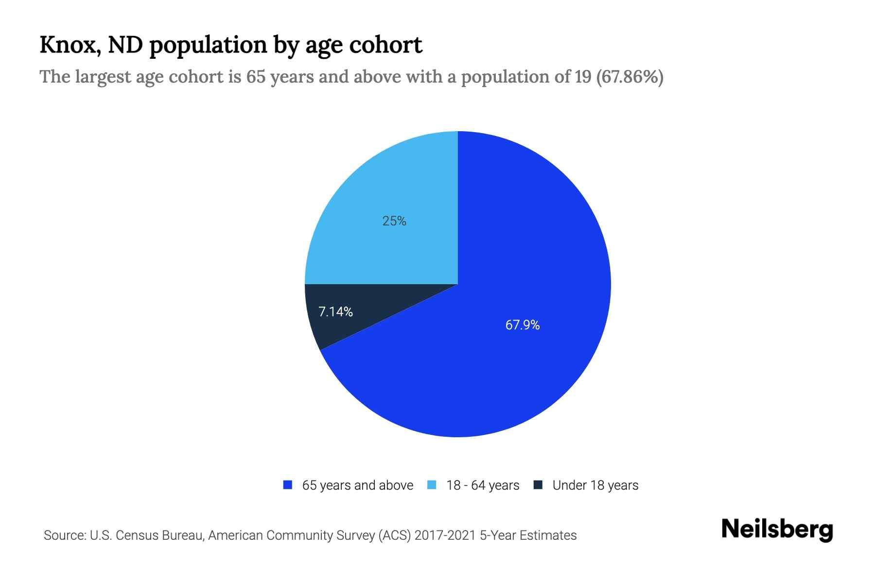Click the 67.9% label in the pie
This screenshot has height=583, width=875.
(x=523, y=325)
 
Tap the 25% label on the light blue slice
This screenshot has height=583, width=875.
(x=394, y=221)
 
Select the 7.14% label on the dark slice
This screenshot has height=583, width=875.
(x=335, y=312)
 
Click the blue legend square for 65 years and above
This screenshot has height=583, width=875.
(x=288, y=485)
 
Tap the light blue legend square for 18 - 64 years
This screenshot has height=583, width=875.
(x=432, y=485)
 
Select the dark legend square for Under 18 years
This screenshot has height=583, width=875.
(x=538, y=485)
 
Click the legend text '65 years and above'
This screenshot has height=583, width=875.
(x=357, y=485)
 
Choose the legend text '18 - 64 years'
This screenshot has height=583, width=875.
(x=483, y=485)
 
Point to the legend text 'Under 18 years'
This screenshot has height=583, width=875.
(x=595, y=485)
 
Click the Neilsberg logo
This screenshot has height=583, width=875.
(x=777, y=530)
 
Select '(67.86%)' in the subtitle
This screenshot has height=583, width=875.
(x=630, y=77)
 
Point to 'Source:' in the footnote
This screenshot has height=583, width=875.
(x=64, y=535)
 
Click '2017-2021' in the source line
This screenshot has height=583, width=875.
(x=445, y=535)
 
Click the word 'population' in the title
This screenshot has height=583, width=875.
(x=208, y=45)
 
